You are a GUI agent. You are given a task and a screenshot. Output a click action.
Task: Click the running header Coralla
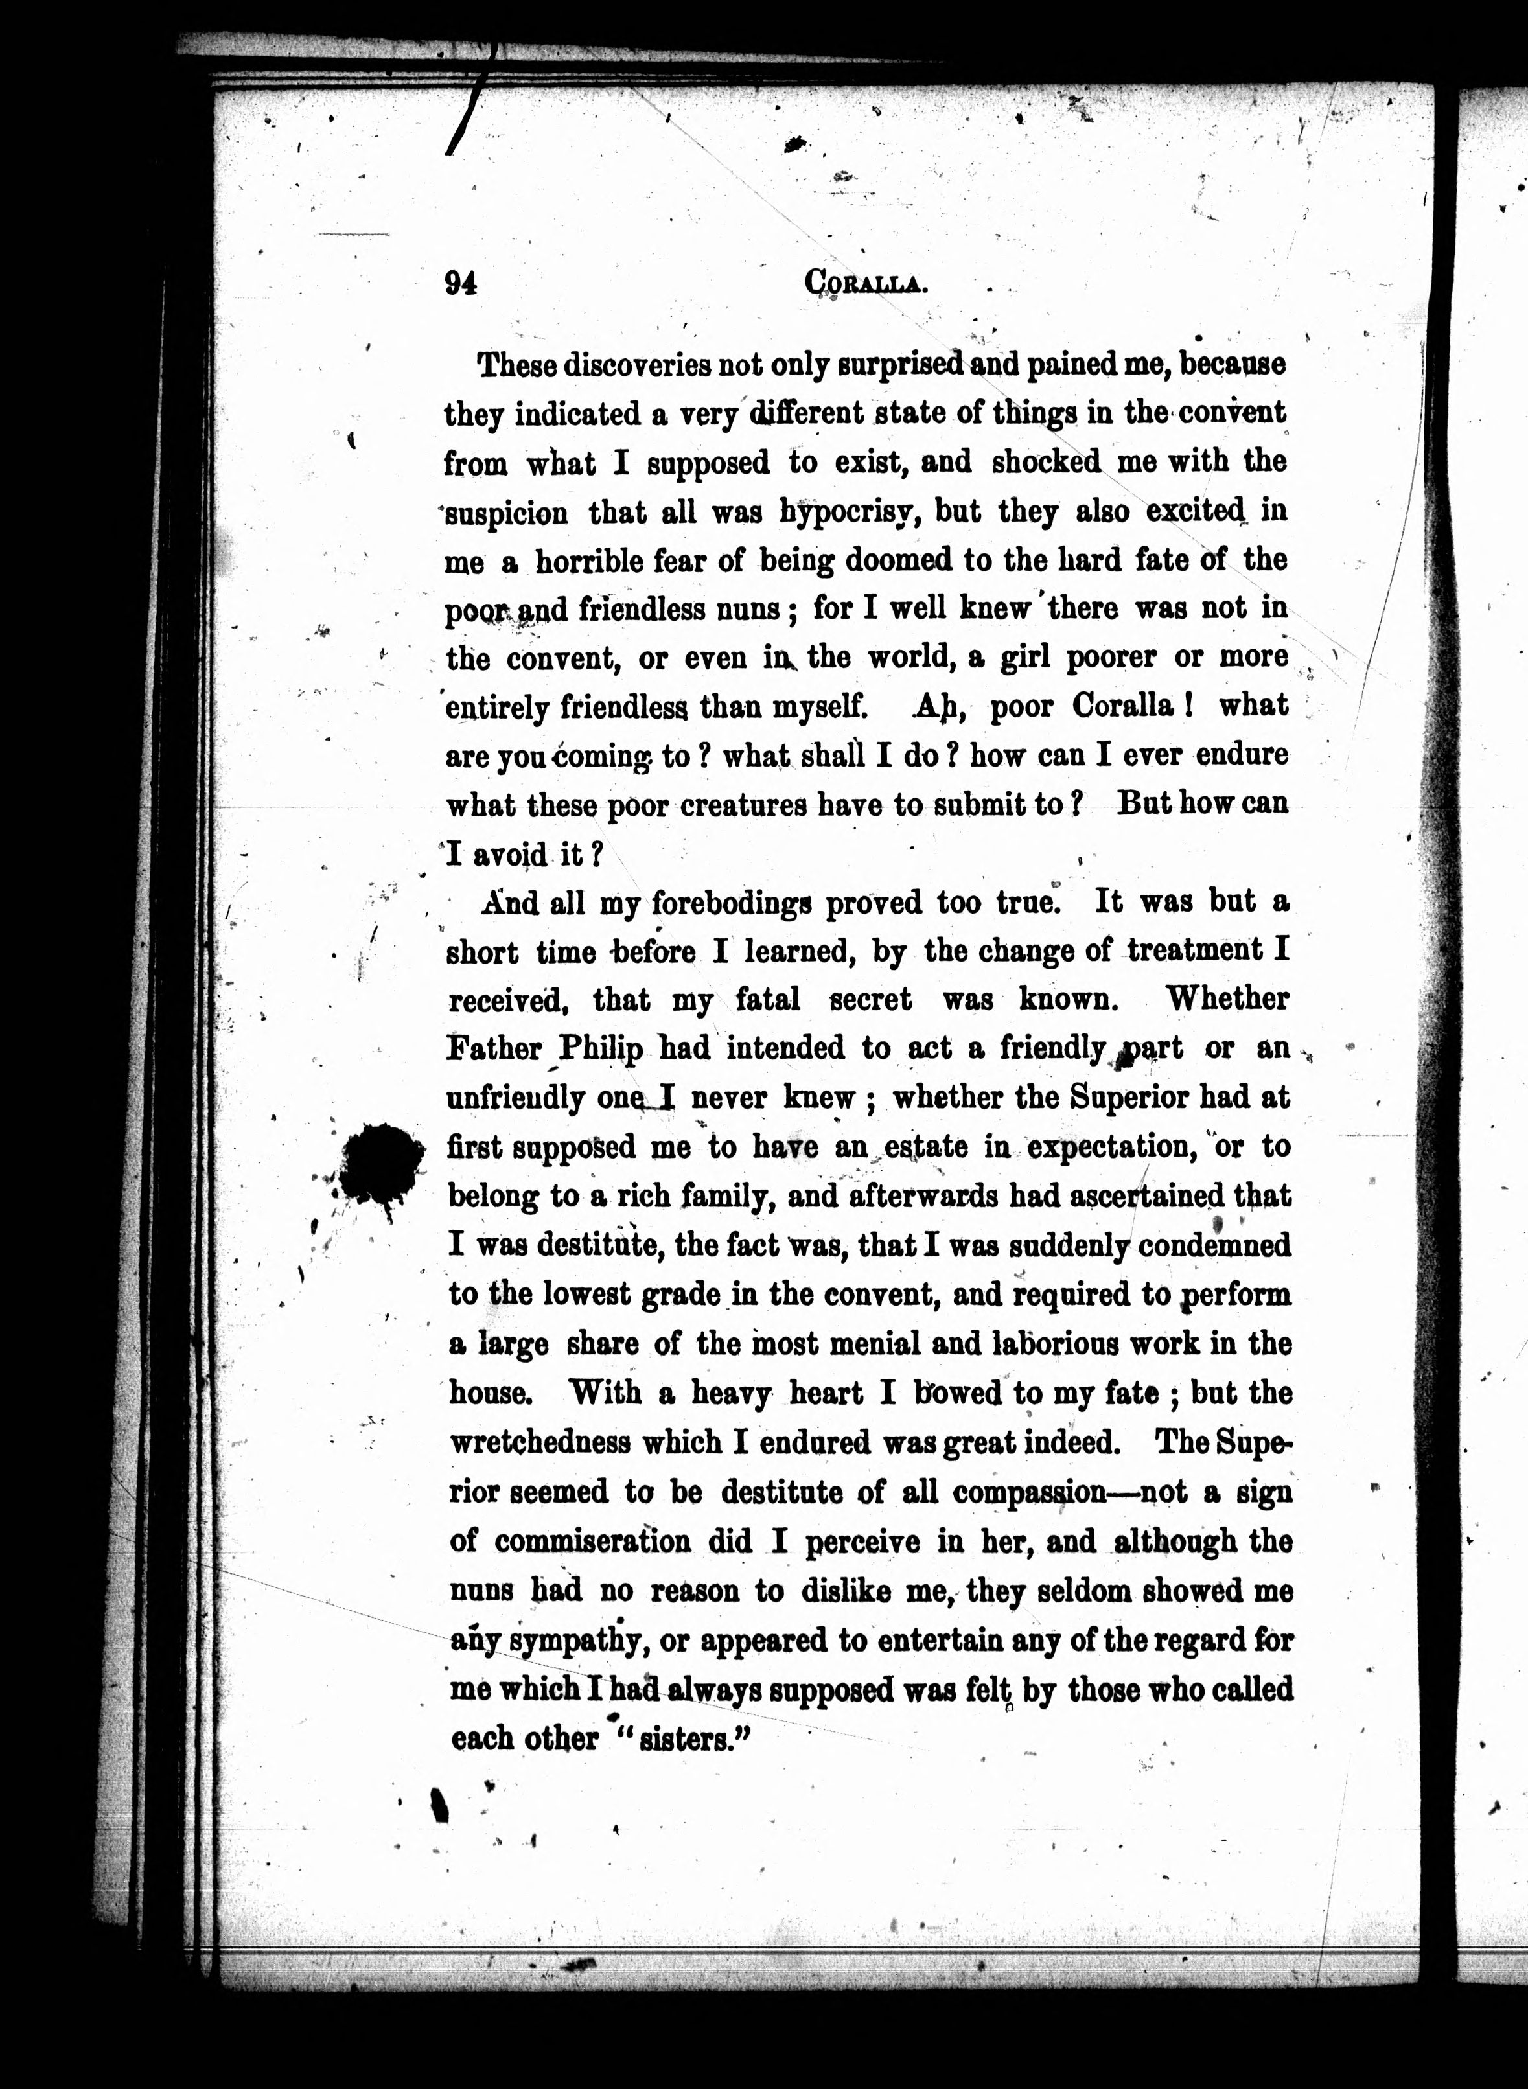866,282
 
